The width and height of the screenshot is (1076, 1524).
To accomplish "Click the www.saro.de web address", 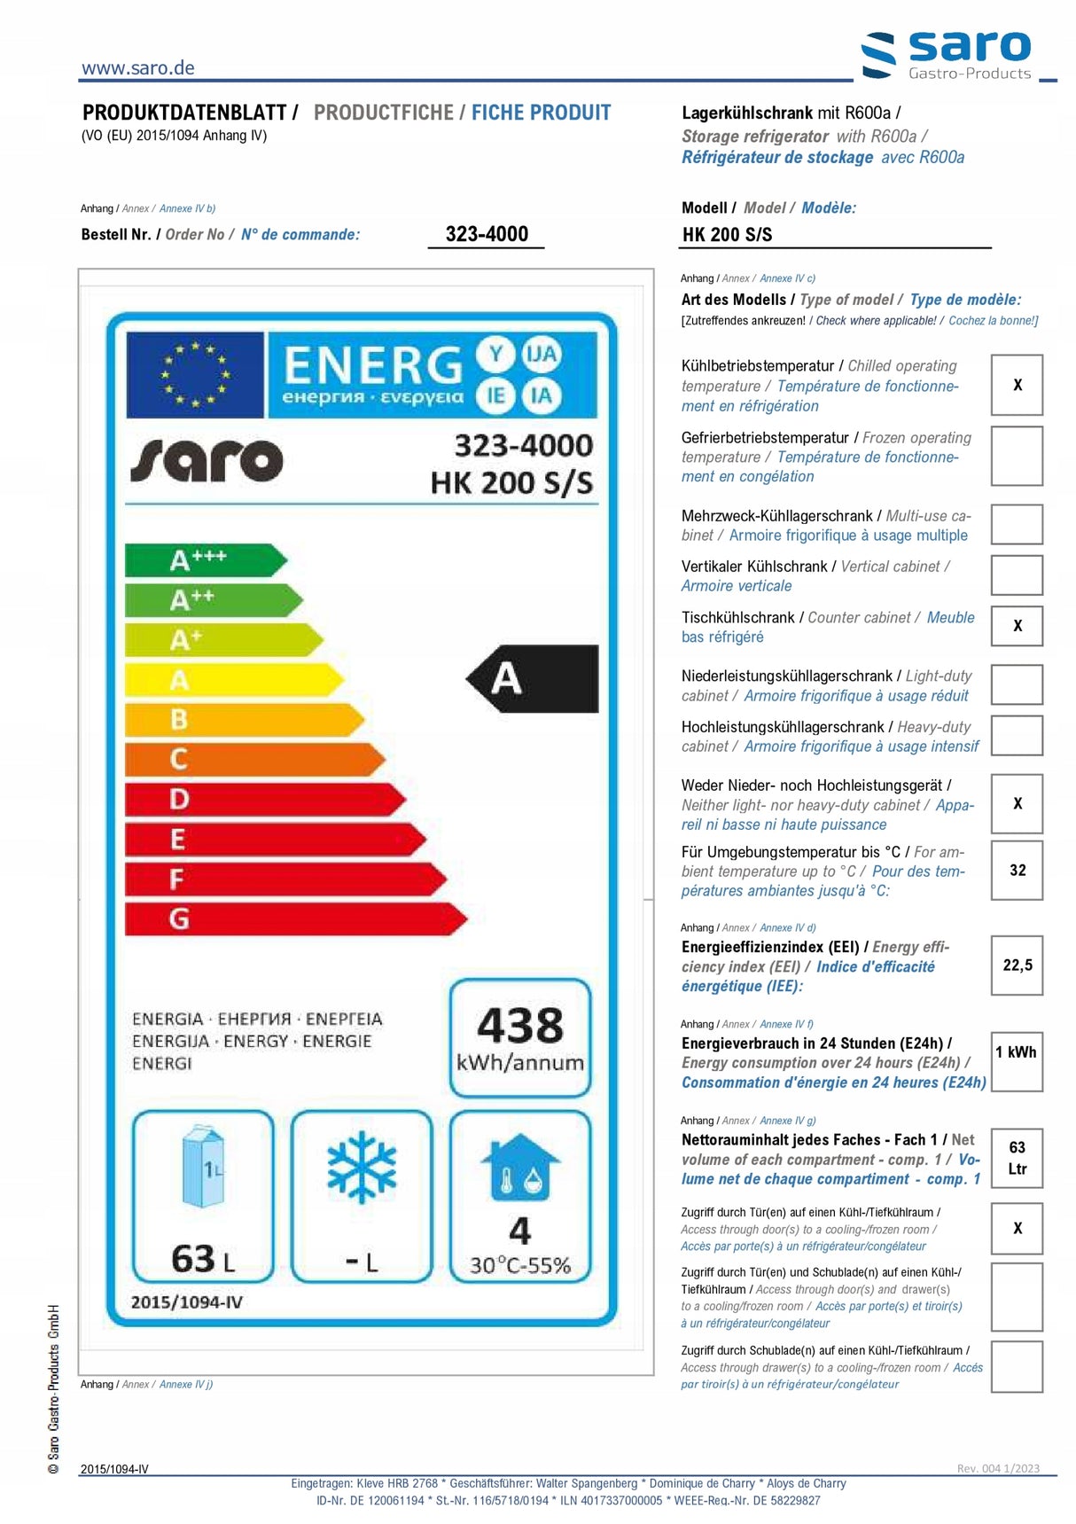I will pos(137,68).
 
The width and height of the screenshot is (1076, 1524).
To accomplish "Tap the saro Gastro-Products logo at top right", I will pos(947,54).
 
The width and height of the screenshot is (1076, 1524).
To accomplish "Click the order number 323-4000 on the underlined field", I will pos(487,234).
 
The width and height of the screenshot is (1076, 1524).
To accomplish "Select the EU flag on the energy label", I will pos(195,374).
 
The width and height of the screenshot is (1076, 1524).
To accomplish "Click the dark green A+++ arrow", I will pos(204,560).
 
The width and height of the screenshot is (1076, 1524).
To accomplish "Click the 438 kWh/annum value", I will pos(520,1037).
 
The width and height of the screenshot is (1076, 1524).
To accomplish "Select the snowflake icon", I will pos(362,1167).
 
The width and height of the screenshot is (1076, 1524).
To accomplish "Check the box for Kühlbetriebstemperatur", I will pos(1017,385).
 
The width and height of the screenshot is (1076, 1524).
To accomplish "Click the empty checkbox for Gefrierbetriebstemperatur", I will pos(1017,456).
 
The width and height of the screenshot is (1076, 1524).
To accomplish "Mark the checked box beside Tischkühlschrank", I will pos(1017,626).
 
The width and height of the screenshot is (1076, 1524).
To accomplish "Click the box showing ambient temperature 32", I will pos(1017,870).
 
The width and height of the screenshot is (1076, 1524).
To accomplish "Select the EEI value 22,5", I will pos(1017,965).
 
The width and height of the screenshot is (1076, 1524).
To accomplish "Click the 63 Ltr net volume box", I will pos(1017,1158).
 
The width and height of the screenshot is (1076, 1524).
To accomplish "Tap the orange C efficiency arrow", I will pos(253,759).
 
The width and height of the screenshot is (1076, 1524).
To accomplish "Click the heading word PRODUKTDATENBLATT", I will pos(184,113).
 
